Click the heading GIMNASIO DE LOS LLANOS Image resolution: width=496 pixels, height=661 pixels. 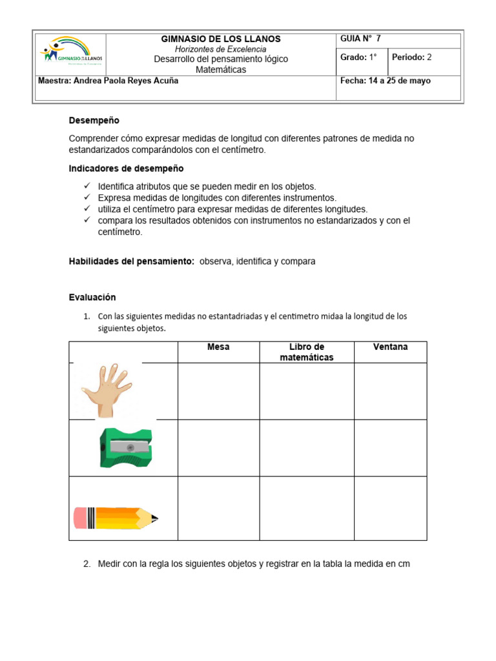(x=221, y=39)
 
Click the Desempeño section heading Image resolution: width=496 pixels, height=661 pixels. (x=94, y=121)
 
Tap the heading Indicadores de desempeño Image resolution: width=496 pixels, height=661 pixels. (x=126, y=168)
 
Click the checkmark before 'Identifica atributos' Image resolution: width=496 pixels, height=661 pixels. (x=88, y=186)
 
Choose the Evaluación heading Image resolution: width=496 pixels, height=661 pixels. (x=92, y=297)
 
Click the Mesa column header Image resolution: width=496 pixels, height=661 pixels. (x=218, y=347)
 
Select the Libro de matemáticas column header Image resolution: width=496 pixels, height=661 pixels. (x=307, y=352)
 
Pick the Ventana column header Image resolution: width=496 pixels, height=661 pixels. (x=390, y=347)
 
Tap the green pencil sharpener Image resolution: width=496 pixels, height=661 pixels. (x=125, y=447)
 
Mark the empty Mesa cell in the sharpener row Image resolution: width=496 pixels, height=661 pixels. (x=218, y=448)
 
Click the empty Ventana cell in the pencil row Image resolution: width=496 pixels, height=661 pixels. (x=390, y=508)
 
